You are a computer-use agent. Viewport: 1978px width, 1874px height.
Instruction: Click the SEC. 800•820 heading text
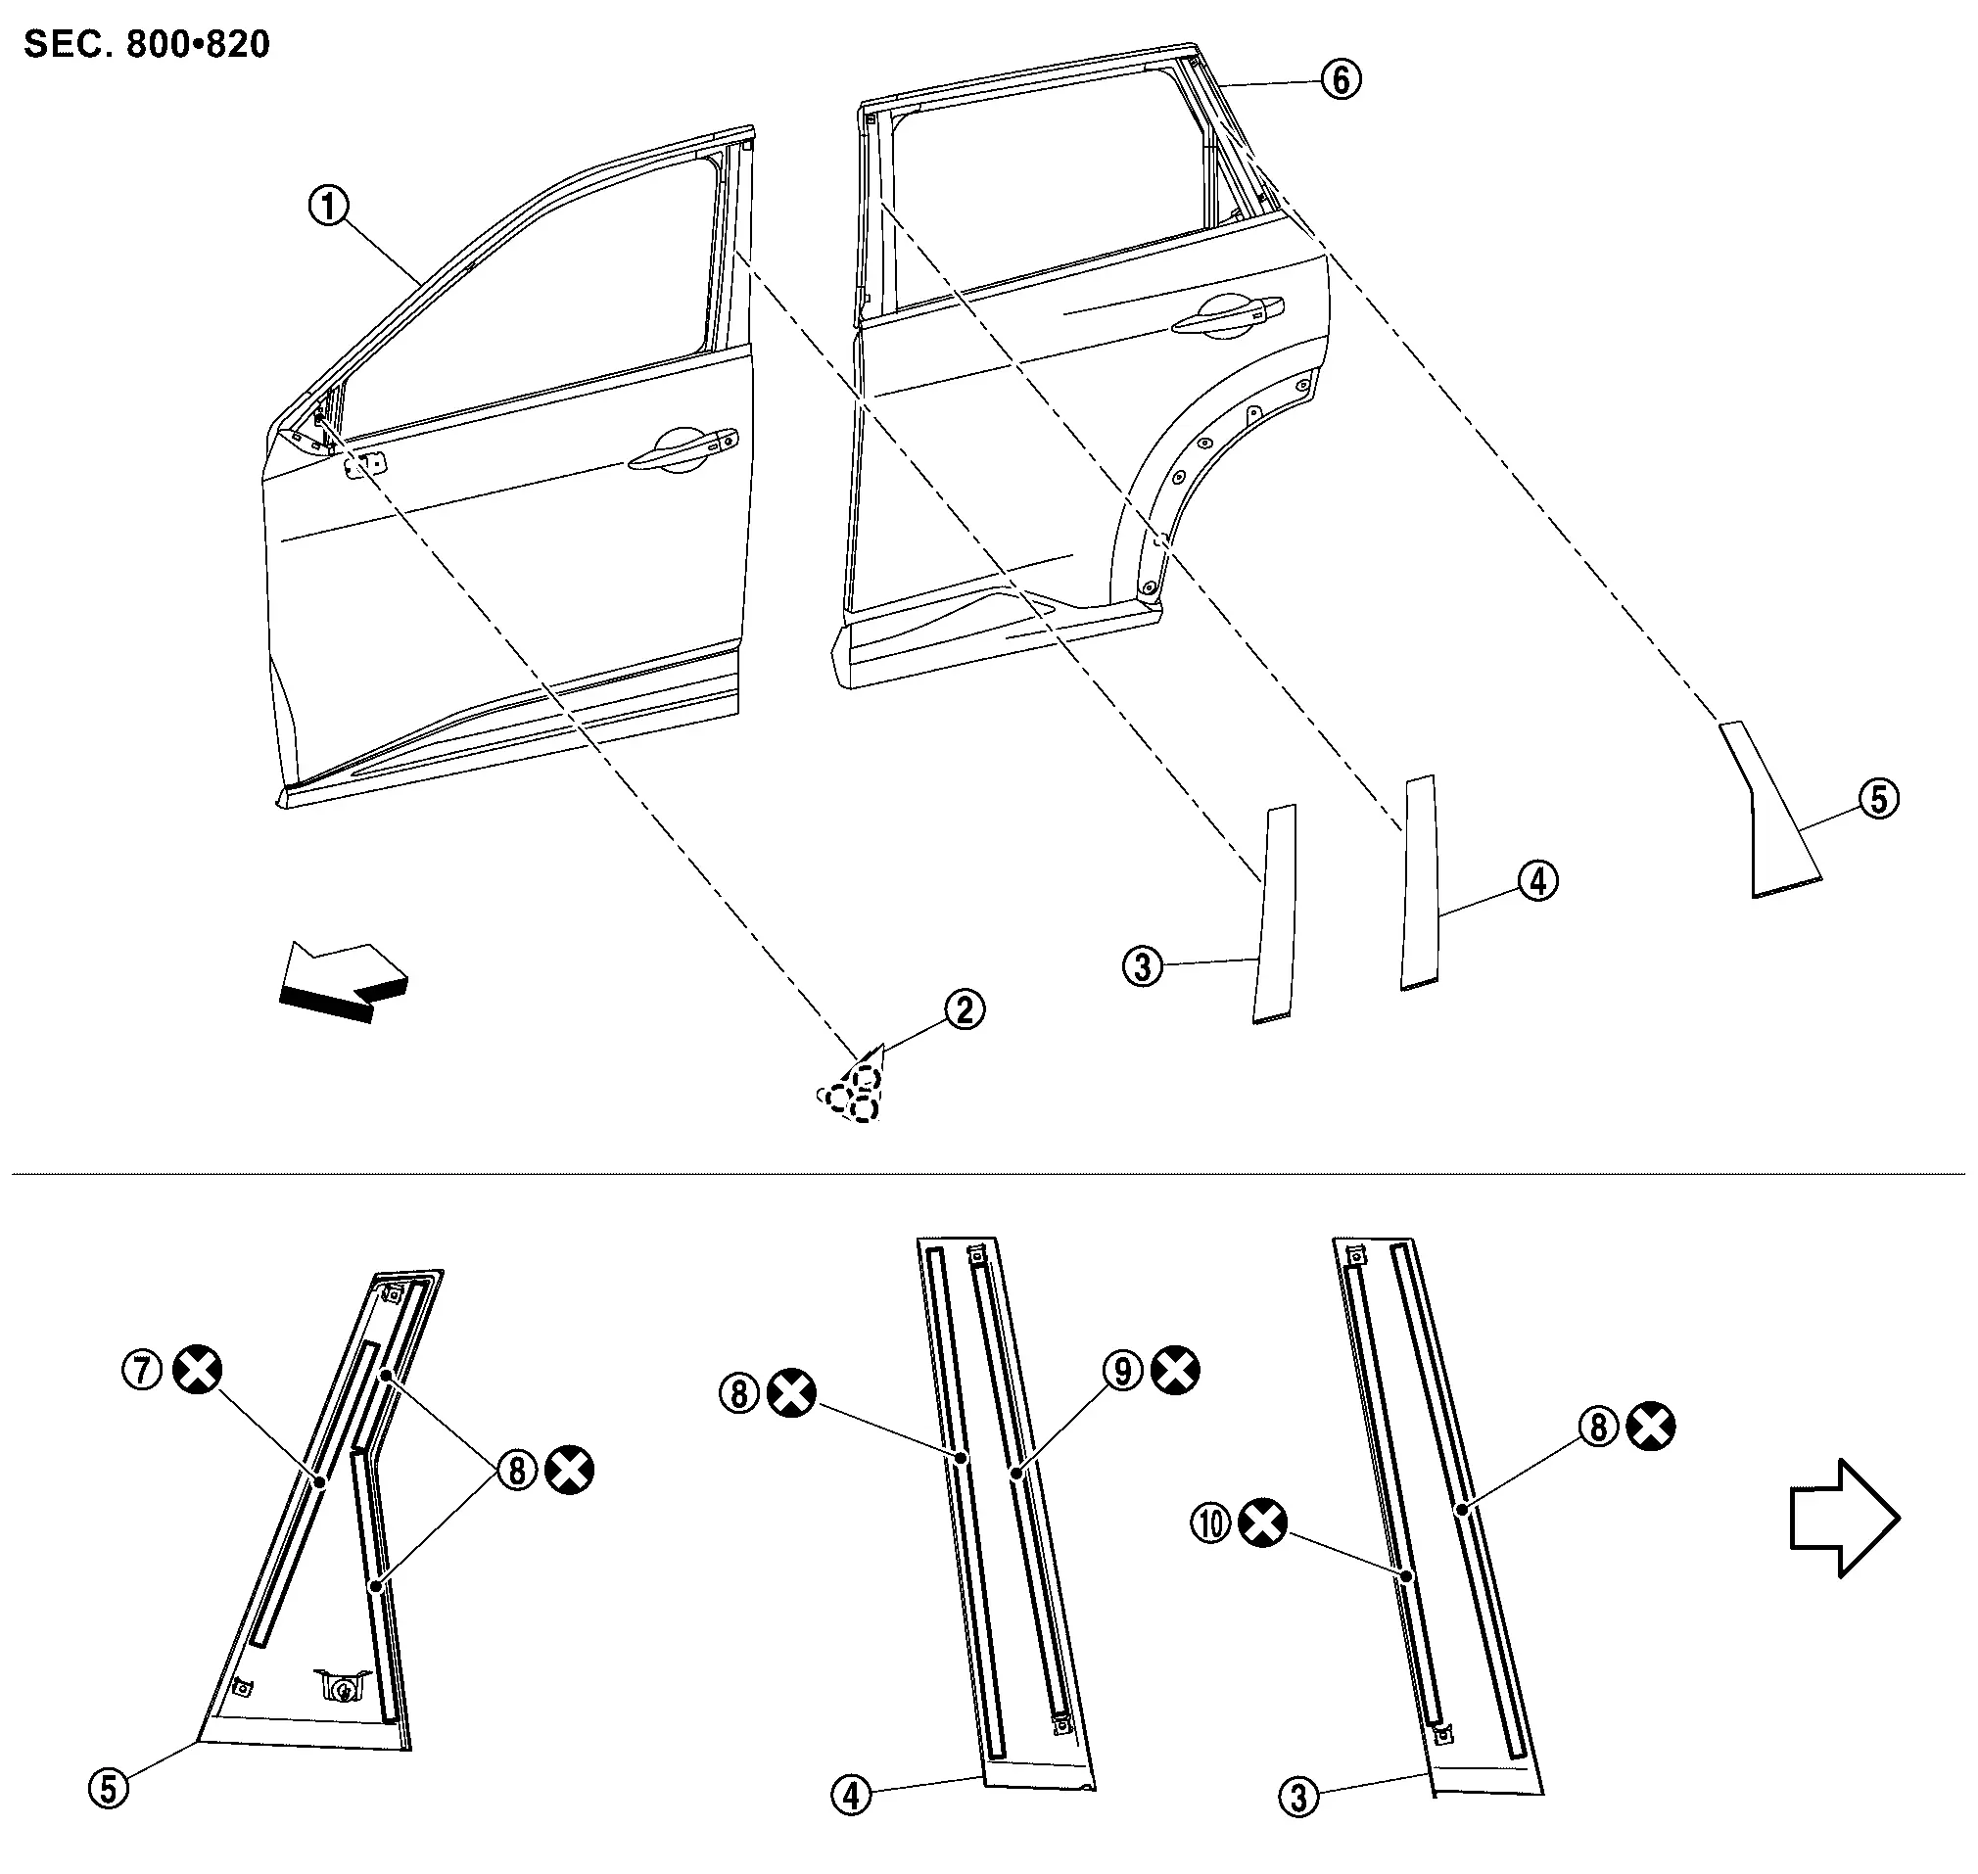click(x=146, y=45)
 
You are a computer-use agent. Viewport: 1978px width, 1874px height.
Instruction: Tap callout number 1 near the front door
click(x=329, y=207)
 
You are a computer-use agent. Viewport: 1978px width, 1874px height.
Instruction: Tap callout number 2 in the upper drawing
click(x=964, y=1008)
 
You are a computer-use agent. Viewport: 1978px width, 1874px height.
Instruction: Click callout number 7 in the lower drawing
click(x=142, y=1369)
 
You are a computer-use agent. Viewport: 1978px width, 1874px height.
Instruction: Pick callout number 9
click(x=1123, y=1371)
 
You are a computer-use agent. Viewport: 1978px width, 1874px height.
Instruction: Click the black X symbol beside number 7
click(x=198, y=1369)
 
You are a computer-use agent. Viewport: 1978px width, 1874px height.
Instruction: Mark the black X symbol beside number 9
click(x=1176, y=1371)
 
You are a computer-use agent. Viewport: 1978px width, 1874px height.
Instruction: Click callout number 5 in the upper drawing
click(x=1878, y=799)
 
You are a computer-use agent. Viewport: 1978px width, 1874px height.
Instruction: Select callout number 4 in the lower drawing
click(x=851, y=1796)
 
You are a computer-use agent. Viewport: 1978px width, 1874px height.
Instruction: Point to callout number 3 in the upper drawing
click(x=1143, y=966)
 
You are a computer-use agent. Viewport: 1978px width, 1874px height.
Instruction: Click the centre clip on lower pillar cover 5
click(x=340, y=1687)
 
